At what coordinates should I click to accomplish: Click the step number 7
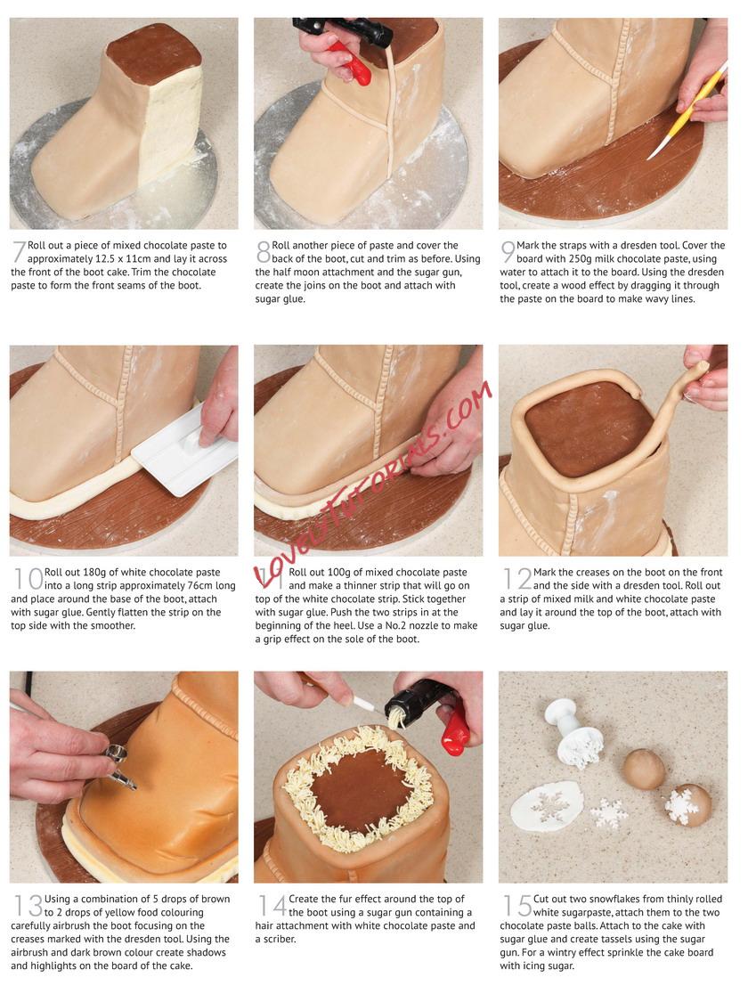point(20,251)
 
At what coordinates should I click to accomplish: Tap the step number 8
point(264,251)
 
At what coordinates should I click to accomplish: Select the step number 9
point(508,251)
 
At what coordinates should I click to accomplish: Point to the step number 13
point(28,905)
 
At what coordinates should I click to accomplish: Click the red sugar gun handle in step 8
point(349,63)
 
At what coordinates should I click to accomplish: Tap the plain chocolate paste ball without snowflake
point(644,769)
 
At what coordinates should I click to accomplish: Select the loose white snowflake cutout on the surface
point(608,814)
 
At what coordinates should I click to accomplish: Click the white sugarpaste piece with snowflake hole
point(549,806)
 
